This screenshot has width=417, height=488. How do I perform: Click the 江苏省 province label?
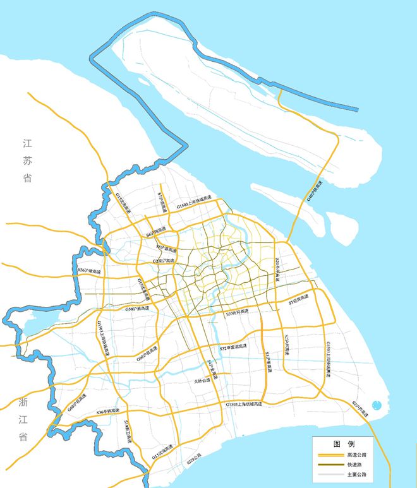[x=27, y=161]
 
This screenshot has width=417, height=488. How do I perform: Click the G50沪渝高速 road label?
[x=138, y=309]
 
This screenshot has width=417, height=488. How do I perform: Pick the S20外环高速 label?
[x=277, y=268]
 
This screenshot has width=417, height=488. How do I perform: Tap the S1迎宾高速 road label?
[x=299, y=301]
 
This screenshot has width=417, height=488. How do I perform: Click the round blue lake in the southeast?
[x=377, y=405]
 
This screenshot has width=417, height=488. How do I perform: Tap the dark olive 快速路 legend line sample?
[x=329, y=465]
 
